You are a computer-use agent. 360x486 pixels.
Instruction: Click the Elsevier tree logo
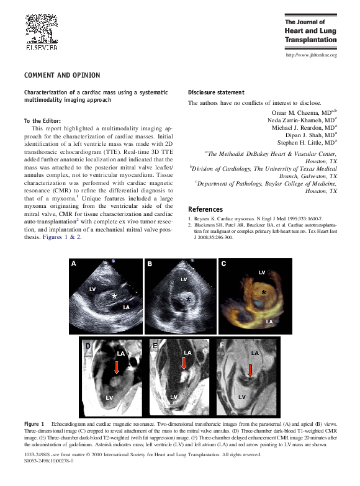pyautogui.click(x=41, y=27)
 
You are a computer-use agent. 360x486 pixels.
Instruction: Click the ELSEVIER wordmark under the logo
pyautogui.click(x=42, y=47)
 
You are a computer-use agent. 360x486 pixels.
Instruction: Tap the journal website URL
pyautogui.click(x=310, y=55)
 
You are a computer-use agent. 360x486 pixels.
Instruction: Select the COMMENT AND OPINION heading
pyautogui.click(x=61, y=76)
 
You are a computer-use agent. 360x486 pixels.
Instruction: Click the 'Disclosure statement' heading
pyautogui.click(x=216, y=92)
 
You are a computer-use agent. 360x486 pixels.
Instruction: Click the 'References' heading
pyautogui.click(x=205, y=209)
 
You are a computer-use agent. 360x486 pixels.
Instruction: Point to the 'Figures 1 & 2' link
pyautogui.click(x=62, y=237)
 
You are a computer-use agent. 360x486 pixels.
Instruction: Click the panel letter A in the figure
pyautogui.click(x=74, y=264)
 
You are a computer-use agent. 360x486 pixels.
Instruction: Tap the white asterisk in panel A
pyautogui.click(x=114, y=296)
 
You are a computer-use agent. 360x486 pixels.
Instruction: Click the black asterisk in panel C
pyautogui.click(x=264, y=292)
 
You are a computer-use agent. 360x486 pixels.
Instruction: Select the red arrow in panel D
pyautogui.click(x=117, y=368)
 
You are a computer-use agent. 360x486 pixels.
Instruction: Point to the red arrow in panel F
pyautogui.click(x=250, y=371)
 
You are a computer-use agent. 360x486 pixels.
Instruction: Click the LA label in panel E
pyautogui.click(x=187, y=353)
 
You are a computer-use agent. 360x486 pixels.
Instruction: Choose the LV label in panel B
pyautogui.click(x=184, y=279)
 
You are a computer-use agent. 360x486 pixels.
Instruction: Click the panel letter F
pyautogui.click(x=222, y=344)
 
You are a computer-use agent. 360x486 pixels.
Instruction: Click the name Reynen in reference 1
pyautogui.click(x=202, y=220)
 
